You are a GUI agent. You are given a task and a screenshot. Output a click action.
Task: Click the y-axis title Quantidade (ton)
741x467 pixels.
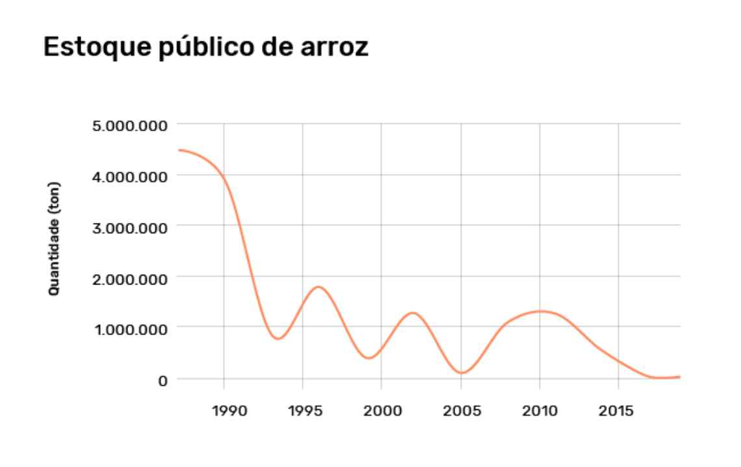tap(55, 239)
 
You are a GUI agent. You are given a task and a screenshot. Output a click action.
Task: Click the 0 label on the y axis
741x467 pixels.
tap(163, 380)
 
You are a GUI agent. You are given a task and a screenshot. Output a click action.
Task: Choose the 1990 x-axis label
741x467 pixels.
tap(224, 412)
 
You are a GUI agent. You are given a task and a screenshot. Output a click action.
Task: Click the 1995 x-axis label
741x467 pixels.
tap(302, 412)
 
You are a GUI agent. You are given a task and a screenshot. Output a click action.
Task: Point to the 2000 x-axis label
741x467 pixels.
tap(382, 412)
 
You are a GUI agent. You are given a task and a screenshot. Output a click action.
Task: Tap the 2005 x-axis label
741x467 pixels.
tap(461, 412)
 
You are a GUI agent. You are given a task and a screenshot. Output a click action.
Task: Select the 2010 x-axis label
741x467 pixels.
tap(539, 412)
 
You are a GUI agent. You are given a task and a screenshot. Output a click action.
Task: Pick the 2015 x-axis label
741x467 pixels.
tap(618, 412)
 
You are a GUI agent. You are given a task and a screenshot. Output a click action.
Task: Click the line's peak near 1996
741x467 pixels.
tap(318, 286)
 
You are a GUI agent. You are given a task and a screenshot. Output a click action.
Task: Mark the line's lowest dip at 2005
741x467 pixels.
tap(461, 373)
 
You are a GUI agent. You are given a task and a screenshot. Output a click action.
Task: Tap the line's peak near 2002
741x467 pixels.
tap(413, 313)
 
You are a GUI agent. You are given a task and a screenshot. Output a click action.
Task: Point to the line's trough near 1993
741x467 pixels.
tap(278, 339)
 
